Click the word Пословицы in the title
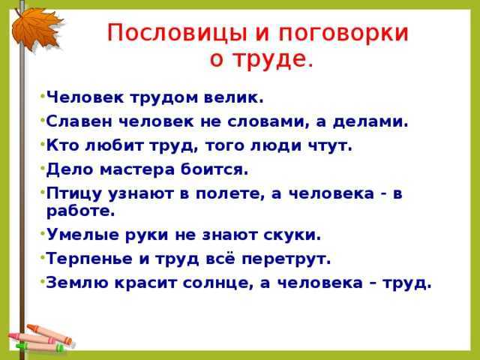pos(177,33)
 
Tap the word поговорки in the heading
pos(343,33)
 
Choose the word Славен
pos(79,121)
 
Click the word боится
pos(214,169)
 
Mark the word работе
pos(80,211)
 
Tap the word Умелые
pos(82,235)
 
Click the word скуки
pos(292,235)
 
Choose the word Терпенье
pos(89,259)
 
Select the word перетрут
pos(286,259)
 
